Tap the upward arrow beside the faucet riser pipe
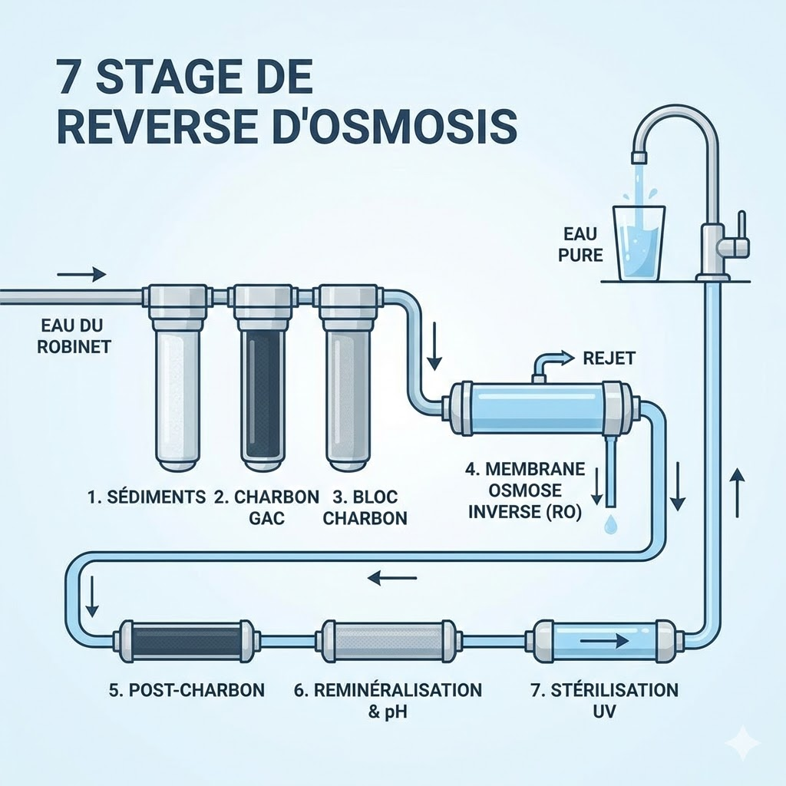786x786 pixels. click(x=737, y=492)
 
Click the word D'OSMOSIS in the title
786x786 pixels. click(x=392, y=128)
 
